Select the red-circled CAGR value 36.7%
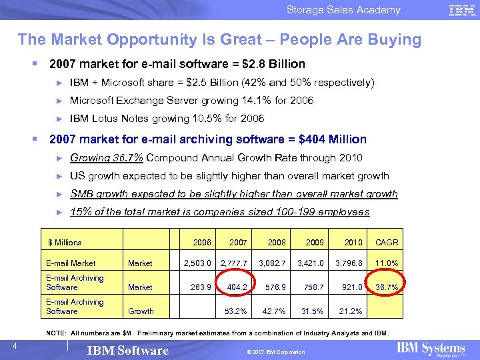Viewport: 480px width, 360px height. click(387, 287)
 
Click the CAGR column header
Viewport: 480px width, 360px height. click(387, 243)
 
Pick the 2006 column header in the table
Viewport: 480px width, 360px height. click(202, 243)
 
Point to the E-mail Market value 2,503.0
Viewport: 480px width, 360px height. click(198, 263)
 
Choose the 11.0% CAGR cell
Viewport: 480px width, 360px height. click(387, 263)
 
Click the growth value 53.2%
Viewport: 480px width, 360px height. click(237, 311)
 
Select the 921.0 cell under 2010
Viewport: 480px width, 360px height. click(351, 287)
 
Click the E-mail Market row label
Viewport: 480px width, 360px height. click(71, 263)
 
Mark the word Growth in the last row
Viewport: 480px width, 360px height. click(141, 311)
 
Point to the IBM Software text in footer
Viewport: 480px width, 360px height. click(128, 351)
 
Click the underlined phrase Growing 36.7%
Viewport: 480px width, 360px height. click(106, 158)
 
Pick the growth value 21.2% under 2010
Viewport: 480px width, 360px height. click(351, 311)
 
